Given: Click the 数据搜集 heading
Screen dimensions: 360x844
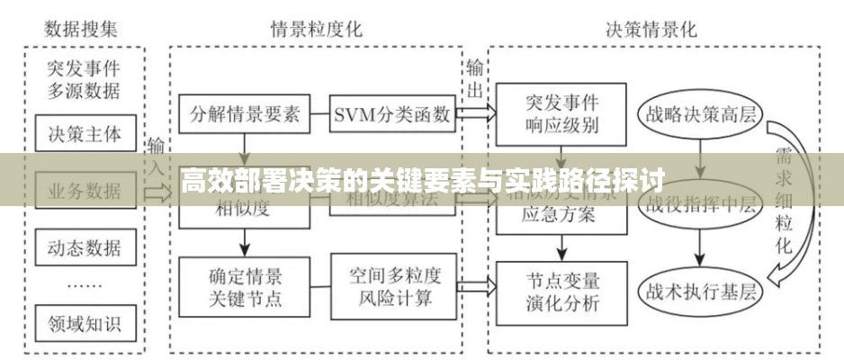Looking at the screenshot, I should click(83, 29).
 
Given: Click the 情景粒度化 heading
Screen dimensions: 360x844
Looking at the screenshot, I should click(317, 29).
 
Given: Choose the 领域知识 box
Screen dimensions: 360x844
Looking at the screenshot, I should click(85, 320).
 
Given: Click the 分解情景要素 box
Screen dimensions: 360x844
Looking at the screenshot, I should click(244, 114).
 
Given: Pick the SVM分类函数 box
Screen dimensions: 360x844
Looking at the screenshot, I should click(391, 114).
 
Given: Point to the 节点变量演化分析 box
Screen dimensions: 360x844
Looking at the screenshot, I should click(561, 290).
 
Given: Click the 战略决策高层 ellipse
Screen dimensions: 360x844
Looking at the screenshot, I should click(698, 115).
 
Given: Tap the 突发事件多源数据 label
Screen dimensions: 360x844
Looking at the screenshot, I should click(85, 79).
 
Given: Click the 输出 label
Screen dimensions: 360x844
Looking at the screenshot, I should click(475, 78).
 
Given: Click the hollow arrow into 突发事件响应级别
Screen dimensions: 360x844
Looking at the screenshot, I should click(475, 114).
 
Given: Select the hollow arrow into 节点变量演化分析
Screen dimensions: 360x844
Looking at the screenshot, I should click(475, 288).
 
